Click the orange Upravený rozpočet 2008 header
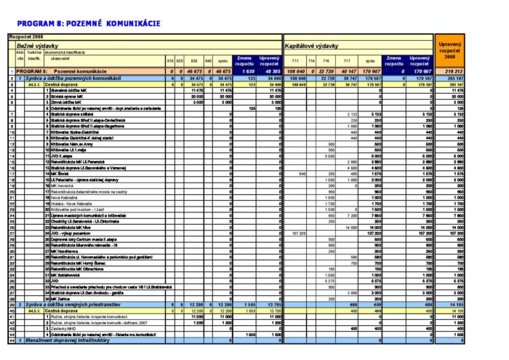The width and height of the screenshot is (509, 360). pyautogui.click(x=452, y=49)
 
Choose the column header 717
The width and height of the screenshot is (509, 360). pyautogui.click(x=353, y=60)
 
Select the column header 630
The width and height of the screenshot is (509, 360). pyautogui.click(x=193, y=60)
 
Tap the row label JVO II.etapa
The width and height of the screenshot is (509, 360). pyautogui.click(x=63, y=155)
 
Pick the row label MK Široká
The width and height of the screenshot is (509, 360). pyautogui.click(x=62, y=174)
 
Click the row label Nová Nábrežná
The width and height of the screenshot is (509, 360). pyautogui.click(x=63, y=197)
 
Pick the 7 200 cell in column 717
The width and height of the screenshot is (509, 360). pyautogui.click(x=352, y=215)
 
